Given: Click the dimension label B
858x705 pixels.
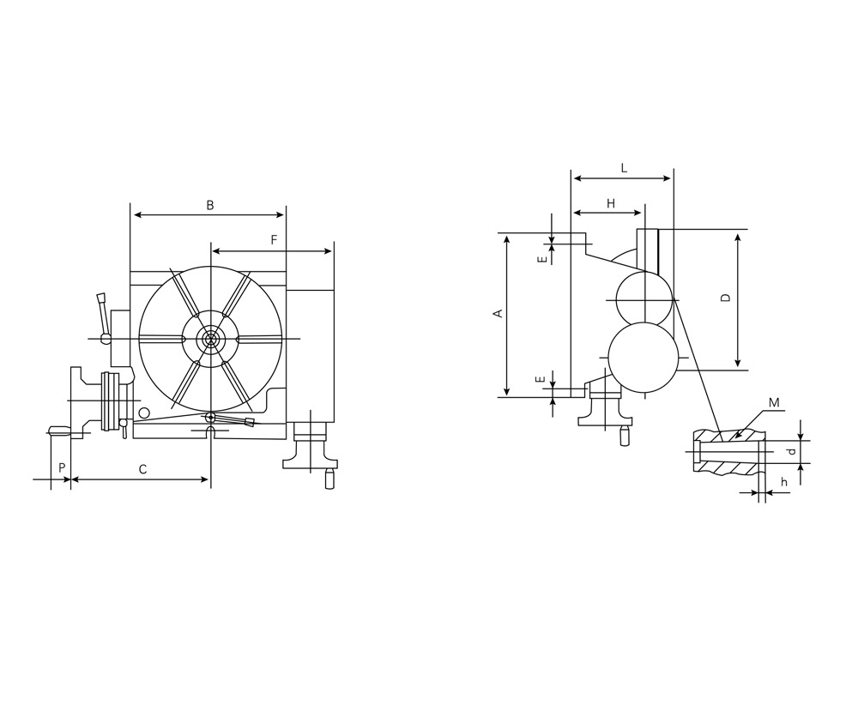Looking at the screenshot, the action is (209, 206).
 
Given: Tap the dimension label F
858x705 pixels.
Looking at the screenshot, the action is (275, 239).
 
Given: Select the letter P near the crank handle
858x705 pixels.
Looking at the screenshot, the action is (62, 467).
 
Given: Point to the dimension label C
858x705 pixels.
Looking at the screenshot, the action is (142, 469).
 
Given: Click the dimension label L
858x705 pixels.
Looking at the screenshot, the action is (624, 168).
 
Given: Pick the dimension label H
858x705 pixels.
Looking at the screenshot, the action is (611, 204).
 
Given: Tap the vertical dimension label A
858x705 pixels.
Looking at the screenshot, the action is (498, 313).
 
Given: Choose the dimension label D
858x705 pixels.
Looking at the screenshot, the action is (726, 298).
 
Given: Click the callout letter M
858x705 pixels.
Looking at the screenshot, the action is (774, 403).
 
